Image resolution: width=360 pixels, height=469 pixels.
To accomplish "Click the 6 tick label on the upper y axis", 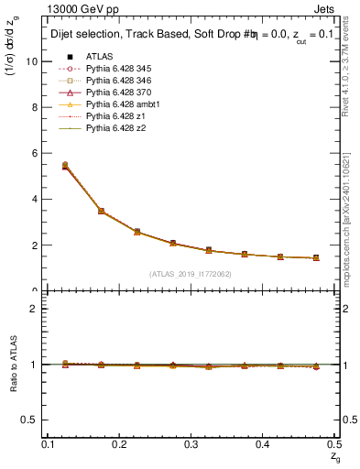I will tap(36, 153).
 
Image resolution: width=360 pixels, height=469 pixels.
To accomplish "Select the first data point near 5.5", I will tap(65, 166).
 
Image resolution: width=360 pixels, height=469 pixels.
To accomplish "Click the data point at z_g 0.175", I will tap(101, 212).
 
